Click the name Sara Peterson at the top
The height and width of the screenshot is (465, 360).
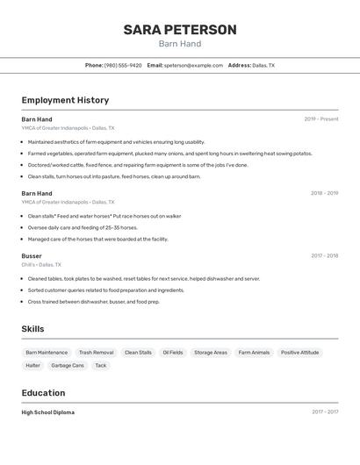tap(180, 30)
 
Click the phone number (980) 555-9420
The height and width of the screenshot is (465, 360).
tap(123, 65)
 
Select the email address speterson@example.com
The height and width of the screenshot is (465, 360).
tap(193, 65)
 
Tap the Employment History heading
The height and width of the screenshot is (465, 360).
tap(65, 100)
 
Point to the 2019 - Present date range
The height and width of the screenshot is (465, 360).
tap(321, 118)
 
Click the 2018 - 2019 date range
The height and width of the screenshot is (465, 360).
tap(324, 193)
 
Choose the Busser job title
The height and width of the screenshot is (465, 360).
tap(32, 256)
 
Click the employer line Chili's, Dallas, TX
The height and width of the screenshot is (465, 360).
tap(41, 264)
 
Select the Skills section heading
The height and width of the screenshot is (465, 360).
tap(32, 329)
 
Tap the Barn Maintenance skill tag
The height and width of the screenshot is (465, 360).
tap(47, 352)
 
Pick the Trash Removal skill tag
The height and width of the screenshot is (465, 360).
tap(96, 352)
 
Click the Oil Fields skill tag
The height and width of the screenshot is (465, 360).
tap(173, 352)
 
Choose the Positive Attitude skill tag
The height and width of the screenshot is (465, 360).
tap(300, 352)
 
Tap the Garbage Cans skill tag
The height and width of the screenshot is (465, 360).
tap(68, 365)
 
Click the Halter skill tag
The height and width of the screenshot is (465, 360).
tap(32, 365)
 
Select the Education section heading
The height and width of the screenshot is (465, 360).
tap(43, 393)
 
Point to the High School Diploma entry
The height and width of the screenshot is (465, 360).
tap(48, 411)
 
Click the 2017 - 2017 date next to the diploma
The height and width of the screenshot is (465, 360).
tap(325, 411)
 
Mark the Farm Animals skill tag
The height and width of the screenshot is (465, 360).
tap(254, 352)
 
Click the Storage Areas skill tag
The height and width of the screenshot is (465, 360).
tap(211, 352)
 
